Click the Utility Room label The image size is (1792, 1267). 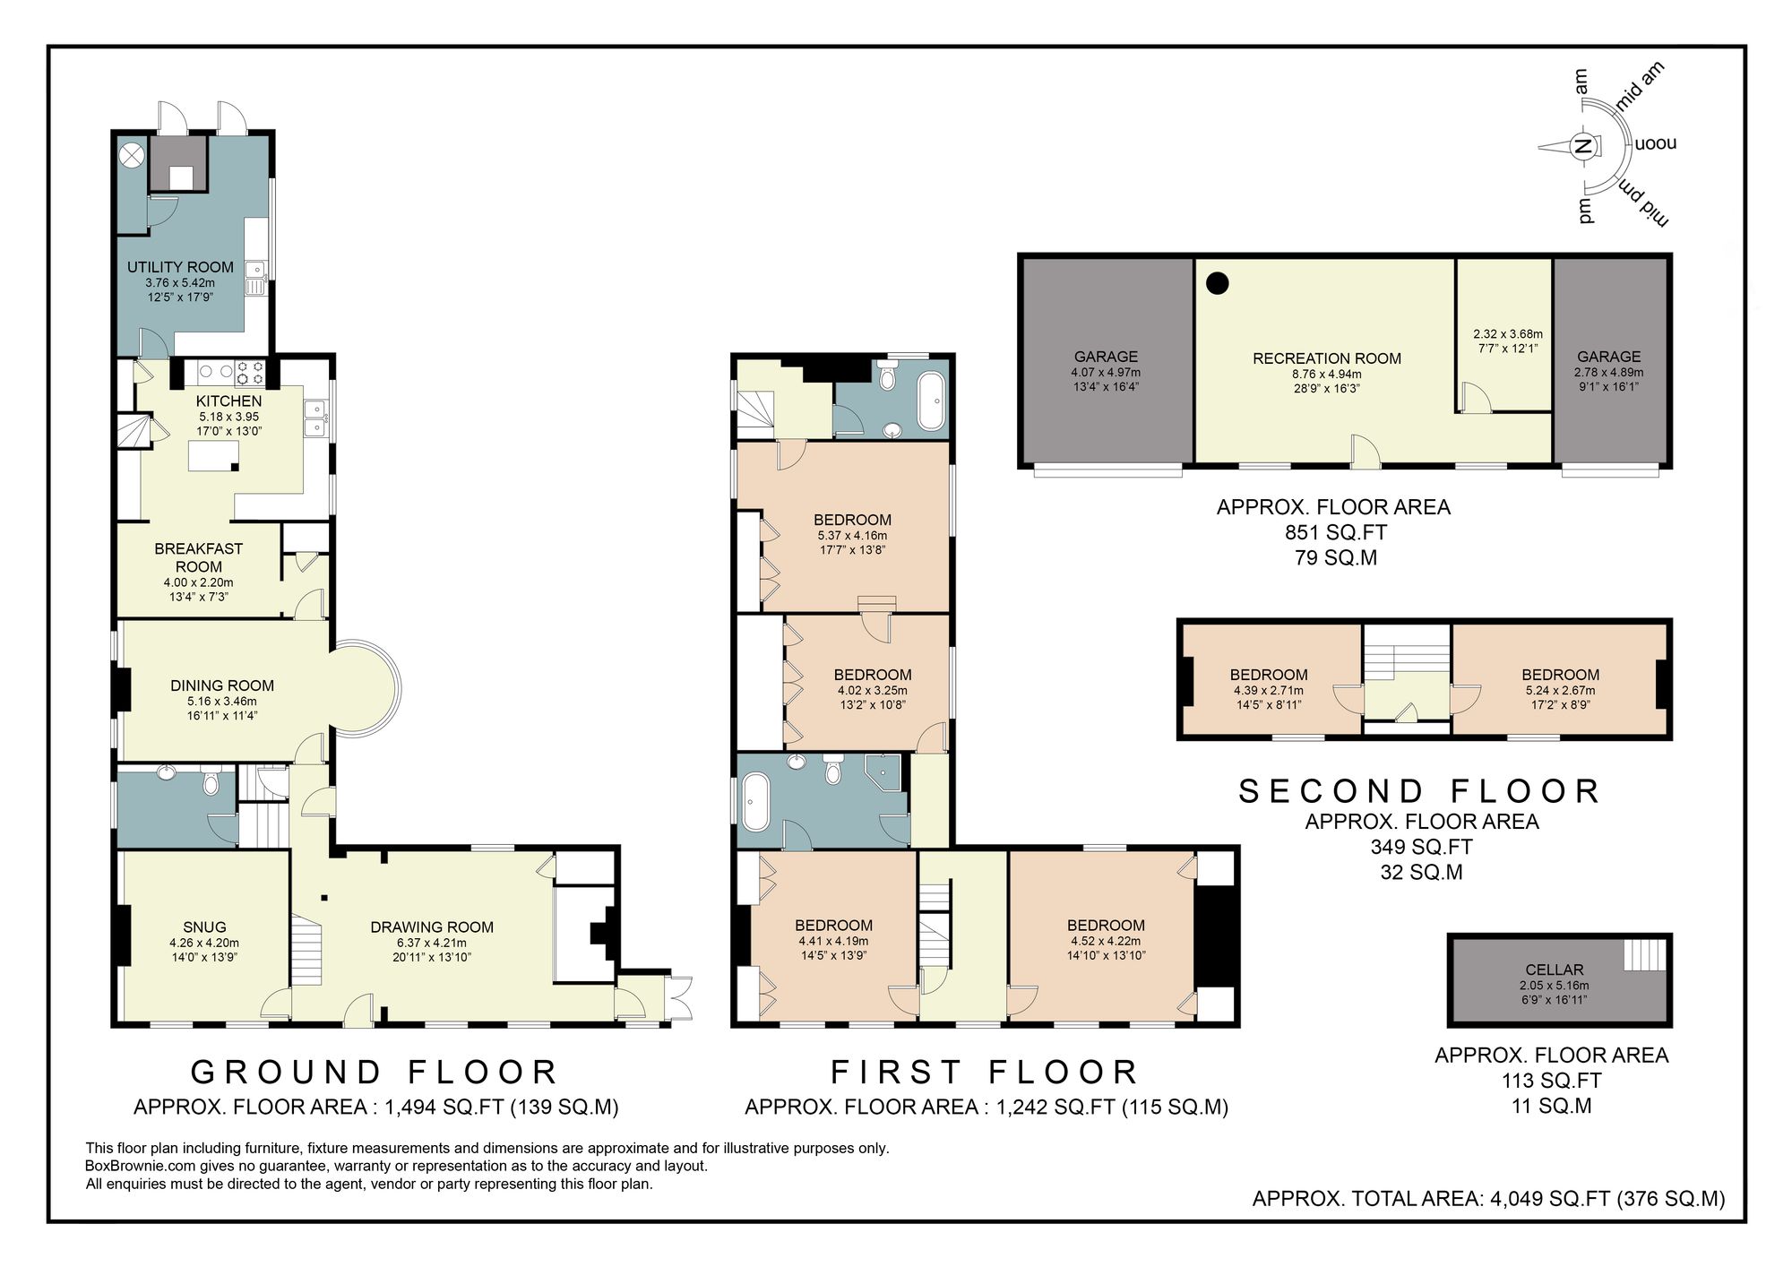[x=180, y=267]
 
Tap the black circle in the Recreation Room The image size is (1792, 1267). [x=1217, y=284]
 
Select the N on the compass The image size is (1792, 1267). [x=1583, y=146]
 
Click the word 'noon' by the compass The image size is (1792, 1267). [x=1655, y=143]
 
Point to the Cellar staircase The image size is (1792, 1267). [x=1644, y=954]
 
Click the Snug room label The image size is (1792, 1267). [x=204, y=927]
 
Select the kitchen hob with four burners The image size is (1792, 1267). [x=248, y=371]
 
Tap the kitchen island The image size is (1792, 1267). [x=213, y=456]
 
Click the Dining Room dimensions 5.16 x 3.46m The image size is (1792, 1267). [x=222, y=702]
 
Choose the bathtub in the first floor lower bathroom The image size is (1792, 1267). [x=754, y=801]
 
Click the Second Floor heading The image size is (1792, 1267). [x=1420, y=791]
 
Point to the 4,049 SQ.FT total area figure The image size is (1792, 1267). [x=1549, y=1199]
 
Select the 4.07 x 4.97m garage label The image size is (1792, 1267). [x=1106, y=373]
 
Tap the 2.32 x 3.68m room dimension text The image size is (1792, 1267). [x=1508, y=334]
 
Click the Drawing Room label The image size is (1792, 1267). [x=432, y=927]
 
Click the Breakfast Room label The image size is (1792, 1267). [x=199, y=557]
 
